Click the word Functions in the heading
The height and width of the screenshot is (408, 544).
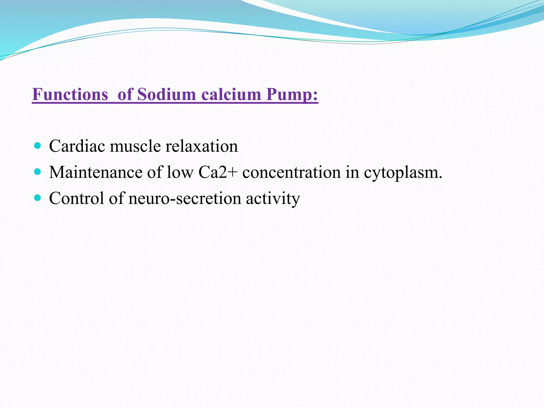click(x=70, y=94)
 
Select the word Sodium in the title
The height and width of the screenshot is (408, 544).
click(x=166, y=94)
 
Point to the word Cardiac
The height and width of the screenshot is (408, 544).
click(x=77, y=146)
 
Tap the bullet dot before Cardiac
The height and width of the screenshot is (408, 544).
click(x=38, y=146)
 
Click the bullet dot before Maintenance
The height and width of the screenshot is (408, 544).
click(x=38, y=172)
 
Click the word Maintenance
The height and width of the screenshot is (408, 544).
click(x=96, y=172)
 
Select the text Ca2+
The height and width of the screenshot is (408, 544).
click(x=218, y=172)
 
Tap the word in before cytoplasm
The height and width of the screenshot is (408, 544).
click(x=352, y=172)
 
